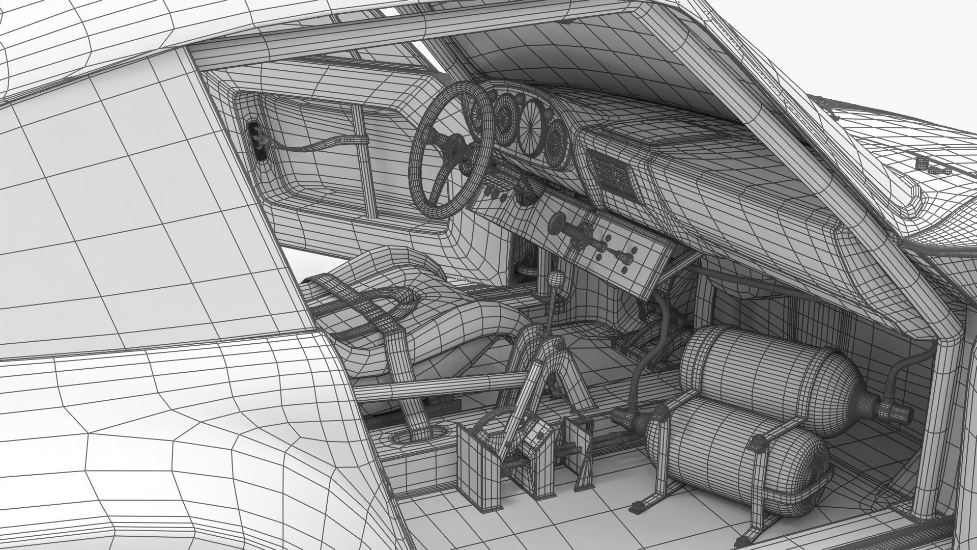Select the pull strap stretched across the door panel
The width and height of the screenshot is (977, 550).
315,145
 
